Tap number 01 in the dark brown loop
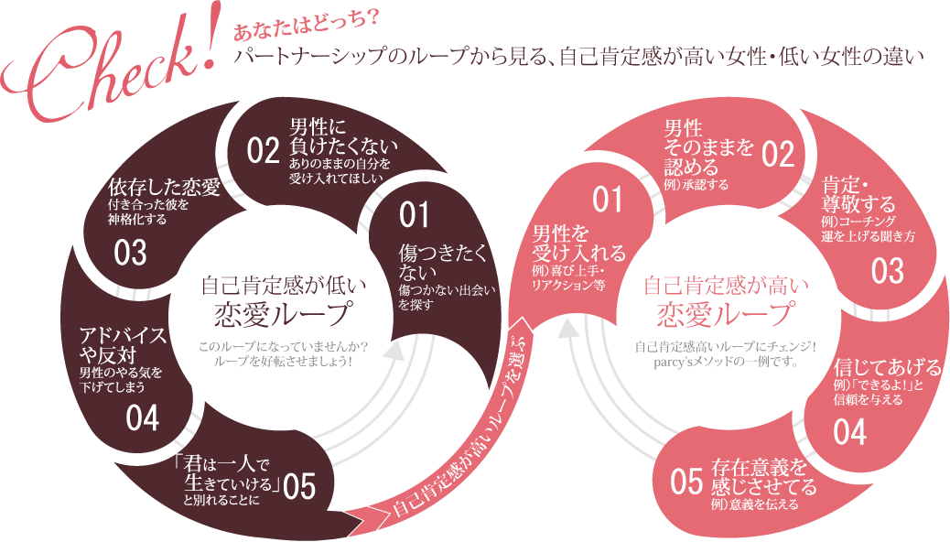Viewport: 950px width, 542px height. (414, 214)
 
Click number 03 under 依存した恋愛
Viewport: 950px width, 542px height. (131, 254)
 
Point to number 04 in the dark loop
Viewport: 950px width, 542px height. (144, 418)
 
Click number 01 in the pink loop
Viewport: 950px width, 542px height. (607, 198)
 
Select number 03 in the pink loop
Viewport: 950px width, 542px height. (887, 271)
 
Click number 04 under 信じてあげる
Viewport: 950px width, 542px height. (850, 432)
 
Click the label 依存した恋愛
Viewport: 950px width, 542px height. (164, 188)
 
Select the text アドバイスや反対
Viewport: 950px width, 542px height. (123, 344)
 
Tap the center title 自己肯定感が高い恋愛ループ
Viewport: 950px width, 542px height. (726, 302)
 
